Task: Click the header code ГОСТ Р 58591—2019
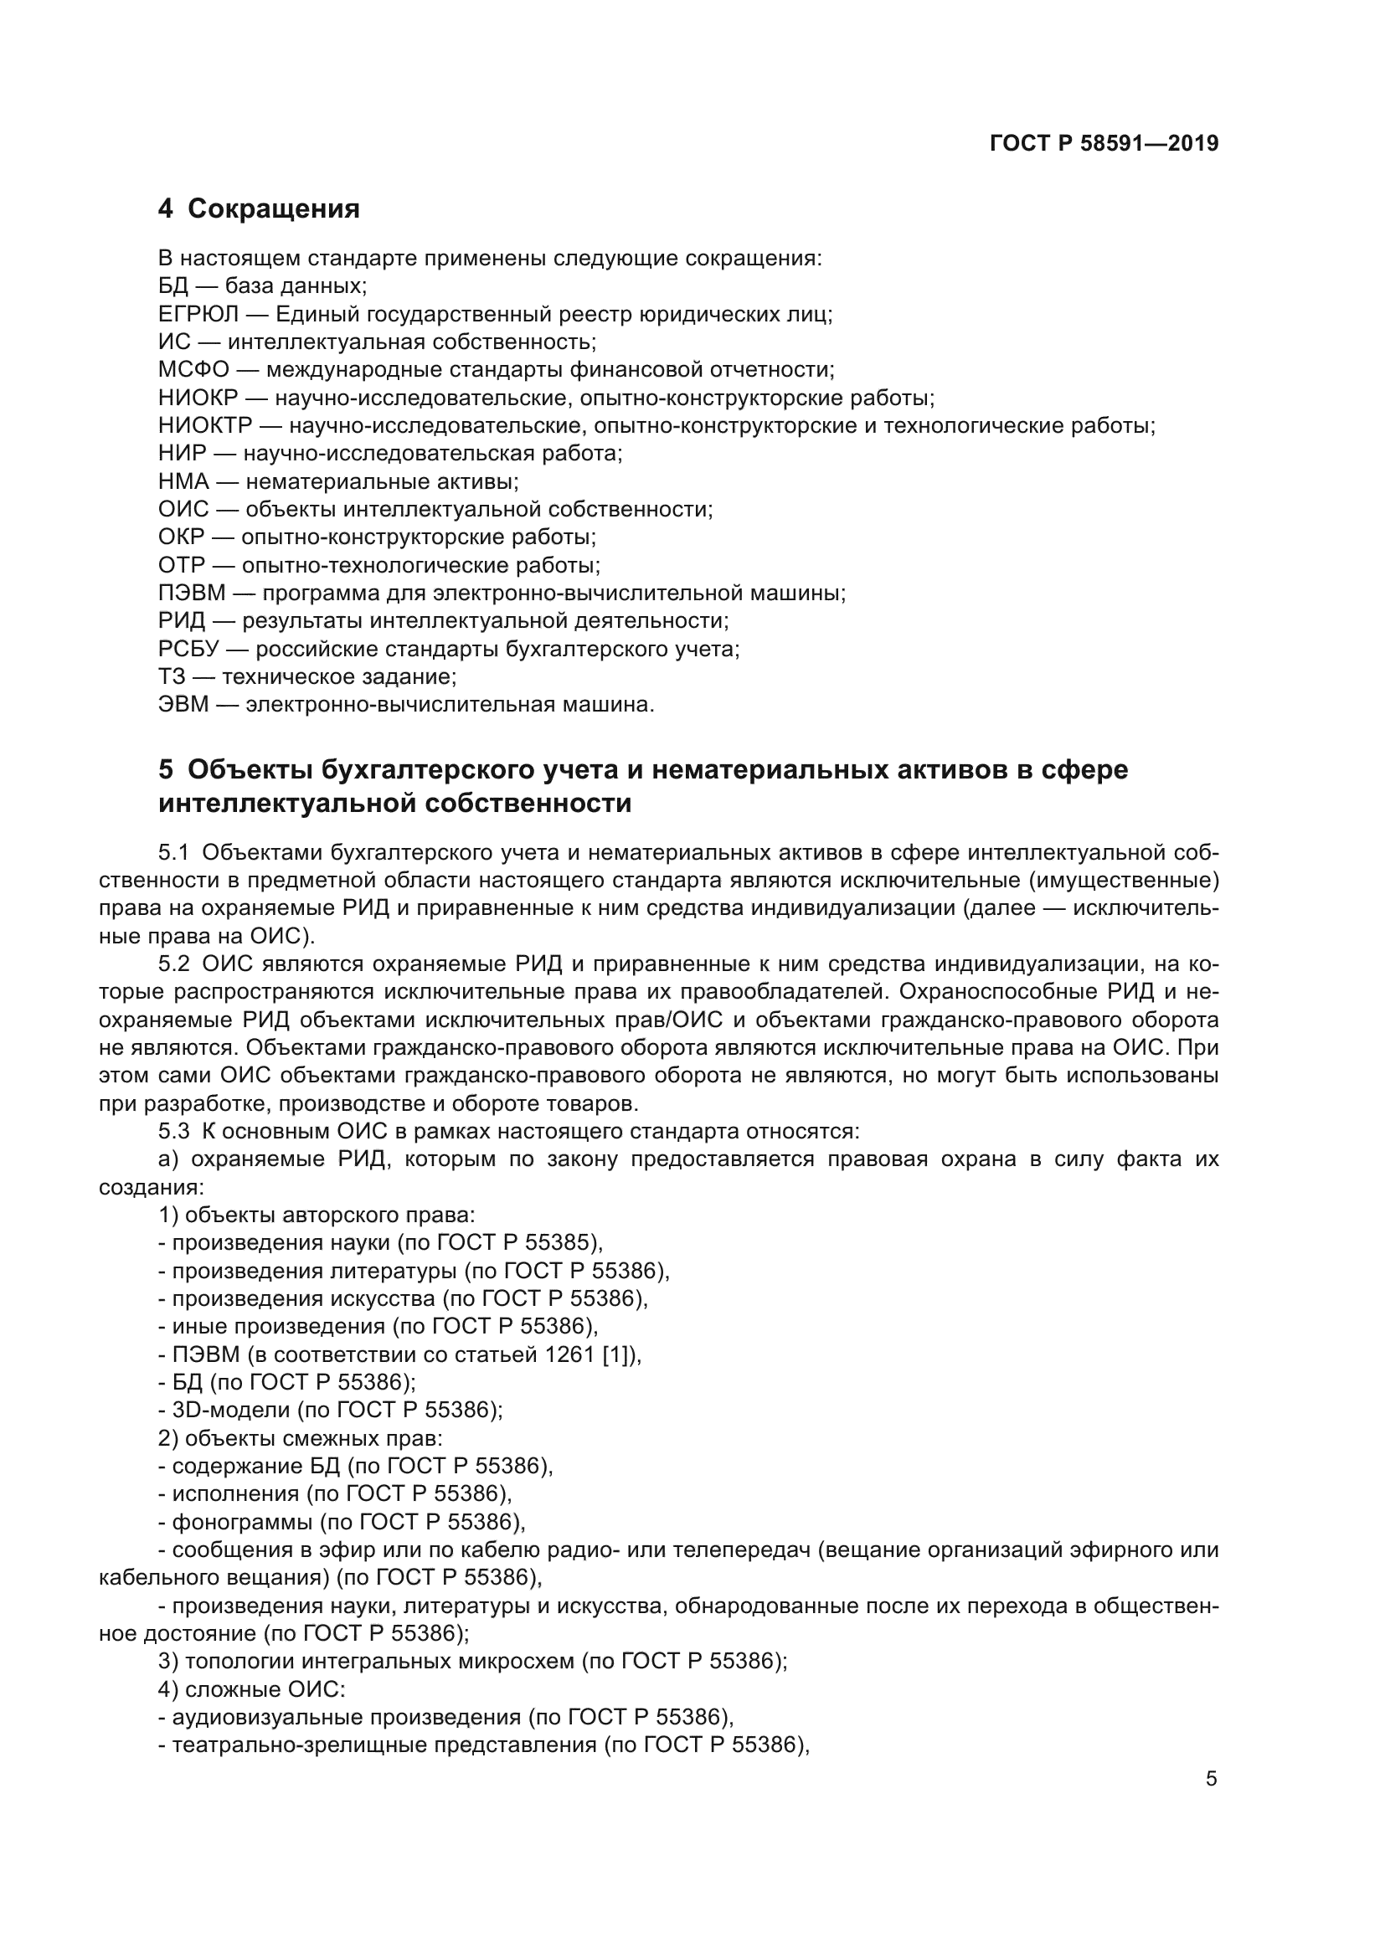1104,143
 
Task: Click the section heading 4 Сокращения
259,208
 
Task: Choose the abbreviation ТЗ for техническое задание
171,676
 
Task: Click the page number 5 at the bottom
1211,1779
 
